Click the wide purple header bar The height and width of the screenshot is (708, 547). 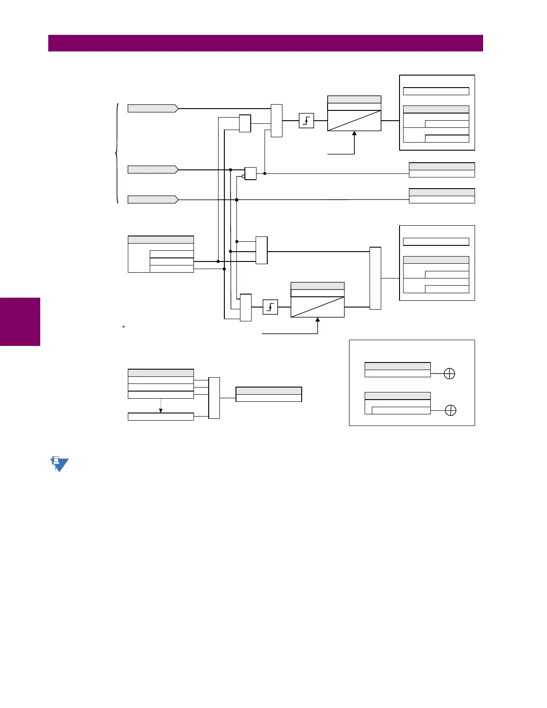[265, 43]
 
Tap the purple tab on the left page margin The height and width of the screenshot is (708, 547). [20, 322]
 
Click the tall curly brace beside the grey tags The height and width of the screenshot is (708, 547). [117, 153]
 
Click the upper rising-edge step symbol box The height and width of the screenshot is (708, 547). [306, 121]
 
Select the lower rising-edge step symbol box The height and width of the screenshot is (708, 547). [270, 307]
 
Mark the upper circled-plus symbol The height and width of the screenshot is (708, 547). [449, 374]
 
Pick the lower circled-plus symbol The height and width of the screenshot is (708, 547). [450, 410]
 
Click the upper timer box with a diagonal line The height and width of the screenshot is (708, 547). [354, 120]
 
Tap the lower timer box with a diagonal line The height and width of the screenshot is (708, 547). [317, 307]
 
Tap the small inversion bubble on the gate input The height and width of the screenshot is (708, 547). [243, 176]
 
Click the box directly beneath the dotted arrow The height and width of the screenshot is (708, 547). [160, 417]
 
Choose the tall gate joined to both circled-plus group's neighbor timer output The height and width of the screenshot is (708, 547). [375, 278]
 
